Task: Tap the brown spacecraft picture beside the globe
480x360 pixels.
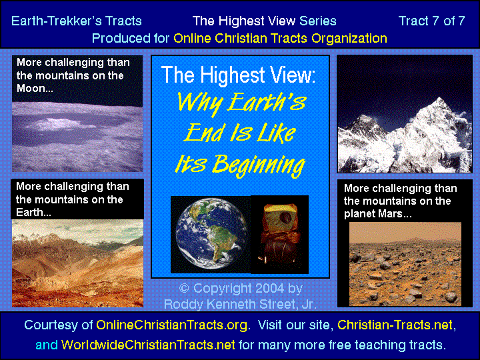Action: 279,234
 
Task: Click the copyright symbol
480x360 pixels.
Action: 184,289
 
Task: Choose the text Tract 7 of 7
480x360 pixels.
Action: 431,21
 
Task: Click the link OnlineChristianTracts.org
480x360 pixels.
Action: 172,325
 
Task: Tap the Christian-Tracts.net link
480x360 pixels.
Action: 395,325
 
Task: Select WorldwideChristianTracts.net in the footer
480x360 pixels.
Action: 148,345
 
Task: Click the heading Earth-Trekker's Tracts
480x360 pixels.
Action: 77,21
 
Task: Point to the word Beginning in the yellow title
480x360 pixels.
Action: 259,165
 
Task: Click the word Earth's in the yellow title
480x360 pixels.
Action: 266,102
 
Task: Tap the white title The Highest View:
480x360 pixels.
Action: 239,75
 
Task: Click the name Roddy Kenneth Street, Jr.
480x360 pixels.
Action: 240,304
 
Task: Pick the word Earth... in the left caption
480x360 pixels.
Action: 33,213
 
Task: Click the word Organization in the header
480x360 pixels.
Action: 349,39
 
